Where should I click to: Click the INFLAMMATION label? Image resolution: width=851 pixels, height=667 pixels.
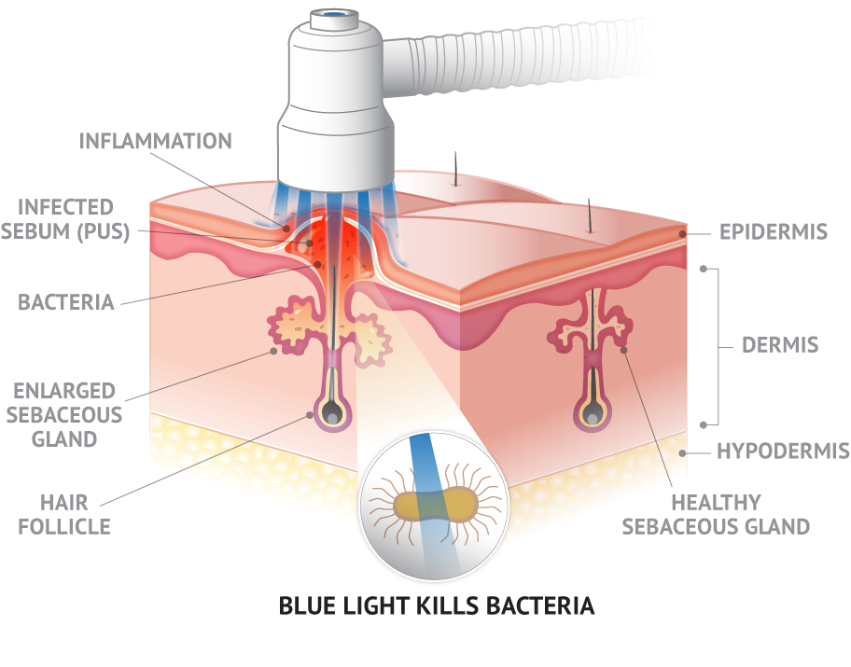pos(155,141)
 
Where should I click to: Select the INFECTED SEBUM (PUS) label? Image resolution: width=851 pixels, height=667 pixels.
pos(65,218)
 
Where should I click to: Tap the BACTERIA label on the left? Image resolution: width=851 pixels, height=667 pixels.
pos(66,302)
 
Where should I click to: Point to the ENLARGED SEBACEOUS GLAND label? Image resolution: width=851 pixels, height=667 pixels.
pos(64,414)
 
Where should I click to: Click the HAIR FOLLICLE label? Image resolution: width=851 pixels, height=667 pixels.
pos(64,515)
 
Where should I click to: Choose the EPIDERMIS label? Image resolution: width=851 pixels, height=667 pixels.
pos(774,232)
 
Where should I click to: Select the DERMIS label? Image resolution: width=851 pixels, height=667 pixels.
pos(780,345)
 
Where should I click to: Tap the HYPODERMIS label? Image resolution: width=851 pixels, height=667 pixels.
pos(783,451)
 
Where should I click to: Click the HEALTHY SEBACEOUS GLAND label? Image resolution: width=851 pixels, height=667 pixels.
pos(716,515)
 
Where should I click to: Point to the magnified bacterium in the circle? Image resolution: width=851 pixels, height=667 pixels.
pos(435,505)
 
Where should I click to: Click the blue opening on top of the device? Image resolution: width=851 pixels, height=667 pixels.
pos(335,15)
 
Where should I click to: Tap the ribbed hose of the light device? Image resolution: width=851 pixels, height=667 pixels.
pos(516,60)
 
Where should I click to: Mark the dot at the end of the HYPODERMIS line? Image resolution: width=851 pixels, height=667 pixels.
pos(682,453)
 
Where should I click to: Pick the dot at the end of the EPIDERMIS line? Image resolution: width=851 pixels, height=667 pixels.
pos(682,234)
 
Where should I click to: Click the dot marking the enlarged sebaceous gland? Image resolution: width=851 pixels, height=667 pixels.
pos(273,351)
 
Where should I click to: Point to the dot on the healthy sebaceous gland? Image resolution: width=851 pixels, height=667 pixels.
pos(624,350)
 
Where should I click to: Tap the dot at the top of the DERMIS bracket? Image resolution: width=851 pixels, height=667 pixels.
pos(704,269)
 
